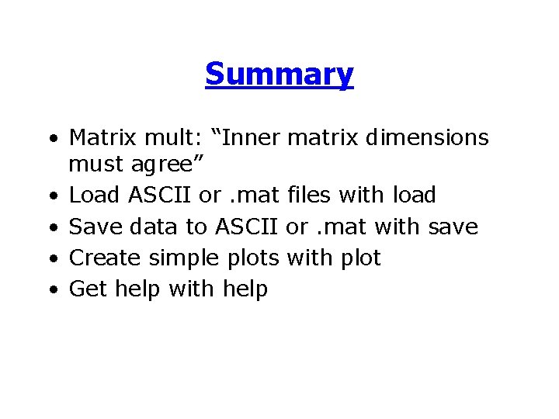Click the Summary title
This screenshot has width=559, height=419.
pyautogui.click(x=279, y=74)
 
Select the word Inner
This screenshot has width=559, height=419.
pyautogui.click(x=250, y=138)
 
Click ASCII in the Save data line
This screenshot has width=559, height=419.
pyautogui.click(x=247, y=227)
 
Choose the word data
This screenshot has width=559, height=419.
pyautogui.click(x=155, y=227)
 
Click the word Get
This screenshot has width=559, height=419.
pyautogui.click(x=89, y=289)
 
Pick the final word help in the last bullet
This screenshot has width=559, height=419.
pyautogui.click(x=245, y=289)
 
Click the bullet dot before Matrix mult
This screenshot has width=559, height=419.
pyautogui.click(x=51, y=140)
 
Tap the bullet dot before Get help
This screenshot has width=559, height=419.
pyautogui.click(x=51, y=292)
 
